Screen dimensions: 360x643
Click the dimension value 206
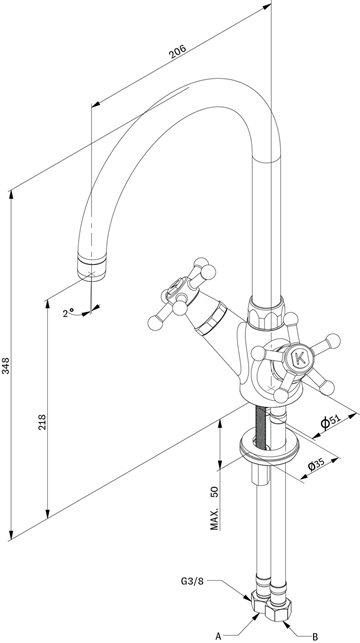(x=178, y=51)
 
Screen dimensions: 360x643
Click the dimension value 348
(x=6, y=365)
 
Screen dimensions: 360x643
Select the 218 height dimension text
(x=42, y=422)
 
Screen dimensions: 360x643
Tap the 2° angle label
(x=68, y=313)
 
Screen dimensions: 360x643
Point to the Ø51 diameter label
(x=330, y=421)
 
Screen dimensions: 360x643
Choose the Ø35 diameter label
(x=316, y=465)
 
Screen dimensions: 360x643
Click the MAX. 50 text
(x=215, y=507)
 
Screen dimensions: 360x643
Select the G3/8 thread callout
(x=192, y=581)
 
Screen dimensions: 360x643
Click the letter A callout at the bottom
(x=218, y=636)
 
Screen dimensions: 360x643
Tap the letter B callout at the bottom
(x=314, y=636)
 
